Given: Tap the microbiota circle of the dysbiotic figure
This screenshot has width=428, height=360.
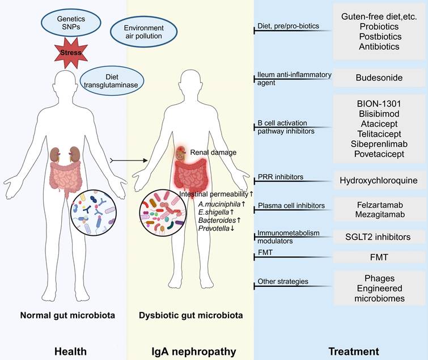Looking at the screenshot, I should pyautogui.click(x=162, y=214).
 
